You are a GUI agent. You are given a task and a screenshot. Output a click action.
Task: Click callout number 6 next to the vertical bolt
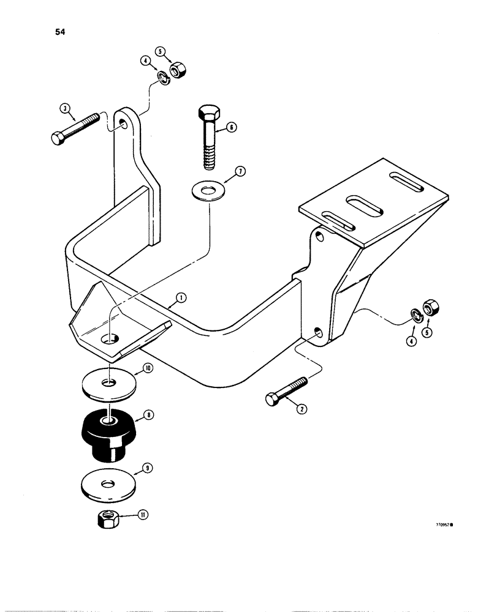tap(231, 127)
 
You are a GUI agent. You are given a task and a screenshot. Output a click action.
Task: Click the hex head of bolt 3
tap(57, 139)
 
